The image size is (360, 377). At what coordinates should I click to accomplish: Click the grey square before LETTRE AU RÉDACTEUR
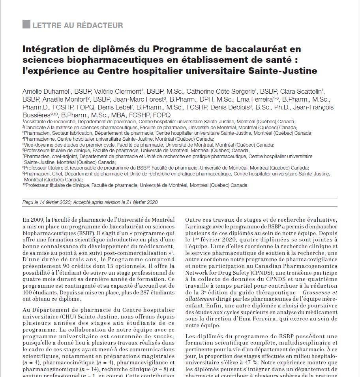[x=26, y=25]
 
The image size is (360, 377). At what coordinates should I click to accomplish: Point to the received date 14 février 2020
[x=56, y=202]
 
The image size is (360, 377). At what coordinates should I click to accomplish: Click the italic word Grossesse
[x=317, y=292]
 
